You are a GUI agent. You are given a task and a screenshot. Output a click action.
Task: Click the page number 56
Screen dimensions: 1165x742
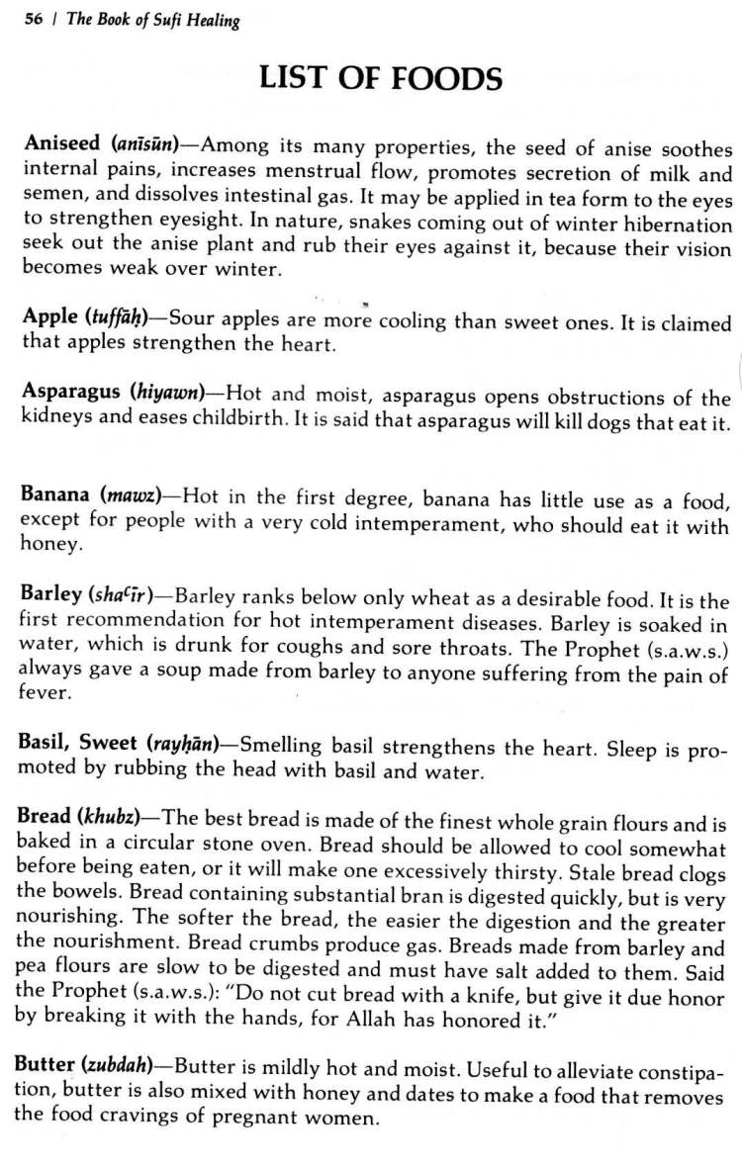[34, 20]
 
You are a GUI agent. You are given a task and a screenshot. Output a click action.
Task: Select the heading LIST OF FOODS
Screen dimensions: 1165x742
[381, 78]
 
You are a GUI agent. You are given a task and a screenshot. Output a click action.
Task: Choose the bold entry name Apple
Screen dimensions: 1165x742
[49, 317]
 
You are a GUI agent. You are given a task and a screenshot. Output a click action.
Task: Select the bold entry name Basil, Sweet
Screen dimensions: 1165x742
[79, 743]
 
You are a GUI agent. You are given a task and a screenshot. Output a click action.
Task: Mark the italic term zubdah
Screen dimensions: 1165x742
[115, 1066]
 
